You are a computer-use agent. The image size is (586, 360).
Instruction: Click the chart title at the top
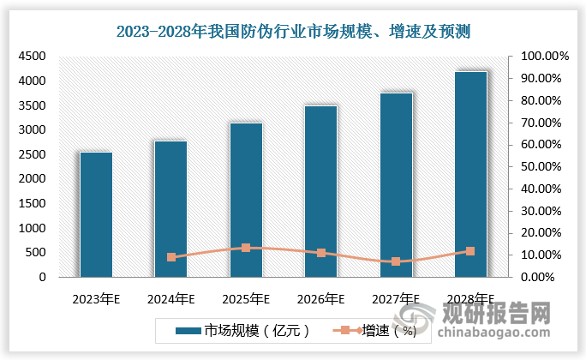[294, 32]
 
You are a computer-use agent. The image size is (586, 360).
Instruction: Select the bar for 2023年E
[96, 214]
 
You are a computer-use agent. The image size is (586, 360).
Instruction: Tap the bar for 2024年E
[171, 209]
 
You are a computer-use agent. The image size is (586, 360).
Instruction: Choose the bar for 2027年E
[396, 184]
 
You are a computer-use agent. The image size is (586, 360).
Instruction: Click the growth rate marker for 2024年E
[171, 257]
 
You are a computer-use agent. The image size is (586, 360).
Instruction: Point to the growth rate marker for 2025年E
[246, 248]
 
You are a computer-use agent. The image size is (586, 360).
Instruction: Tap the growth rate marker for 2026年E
[321, 253]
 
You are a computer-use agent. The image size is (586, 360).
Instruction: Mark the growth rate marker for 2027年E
[396, 261]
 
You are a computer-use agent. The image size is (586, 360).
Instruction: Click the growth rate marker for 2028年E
[471, 251]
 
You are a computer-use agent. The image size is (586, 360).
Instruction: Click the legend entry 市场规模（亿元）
[240, 330]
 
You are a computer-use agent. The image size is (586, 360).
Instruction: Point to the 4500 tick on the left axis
[33, 56]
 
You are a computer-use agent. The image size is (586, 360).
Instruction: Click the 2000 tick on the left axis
[33, 178]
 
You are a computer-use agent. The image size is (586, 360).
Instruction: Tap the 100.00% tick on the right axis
[540, 56]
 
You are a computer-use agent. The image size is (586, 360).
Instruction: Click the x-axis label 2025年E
[246, 299]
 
